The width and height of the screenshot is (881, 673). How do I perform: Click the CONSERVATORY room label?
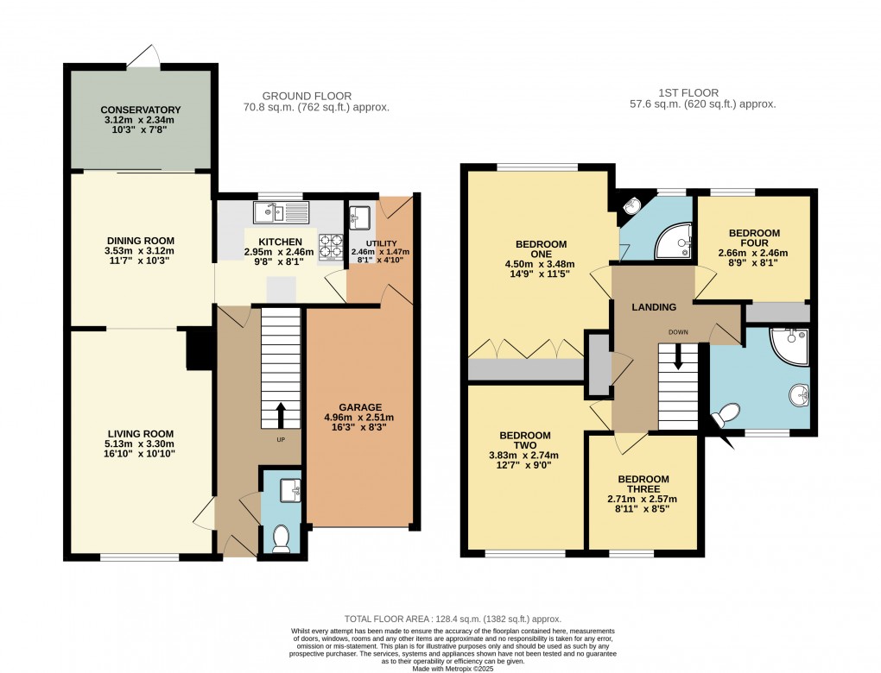pos(140,110)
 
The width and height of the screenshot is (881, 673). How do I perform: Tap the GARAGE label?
pos(360,407)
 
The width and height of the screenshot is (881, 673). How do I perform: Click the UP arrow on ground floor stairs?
pos(280,415)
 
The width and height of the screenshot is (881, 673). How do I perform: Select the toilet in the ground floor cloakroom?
pos(281,539)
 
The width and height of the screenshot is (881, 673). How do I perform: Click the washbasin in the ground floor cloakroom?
pos(290,489)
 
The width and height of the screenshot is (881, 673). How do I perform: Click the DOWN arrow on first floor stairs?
pos(678,356)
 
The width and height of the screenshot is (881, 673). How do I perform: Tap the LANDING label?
pos(654,307)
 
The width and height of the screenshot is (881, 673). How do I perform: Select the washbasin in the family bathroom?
pos(799,395)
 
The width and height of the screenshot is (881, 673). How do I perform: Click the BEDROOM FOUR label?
pos(754,238)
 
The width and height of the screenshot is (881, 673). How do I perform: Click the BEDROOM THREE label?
pos(643,484)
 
